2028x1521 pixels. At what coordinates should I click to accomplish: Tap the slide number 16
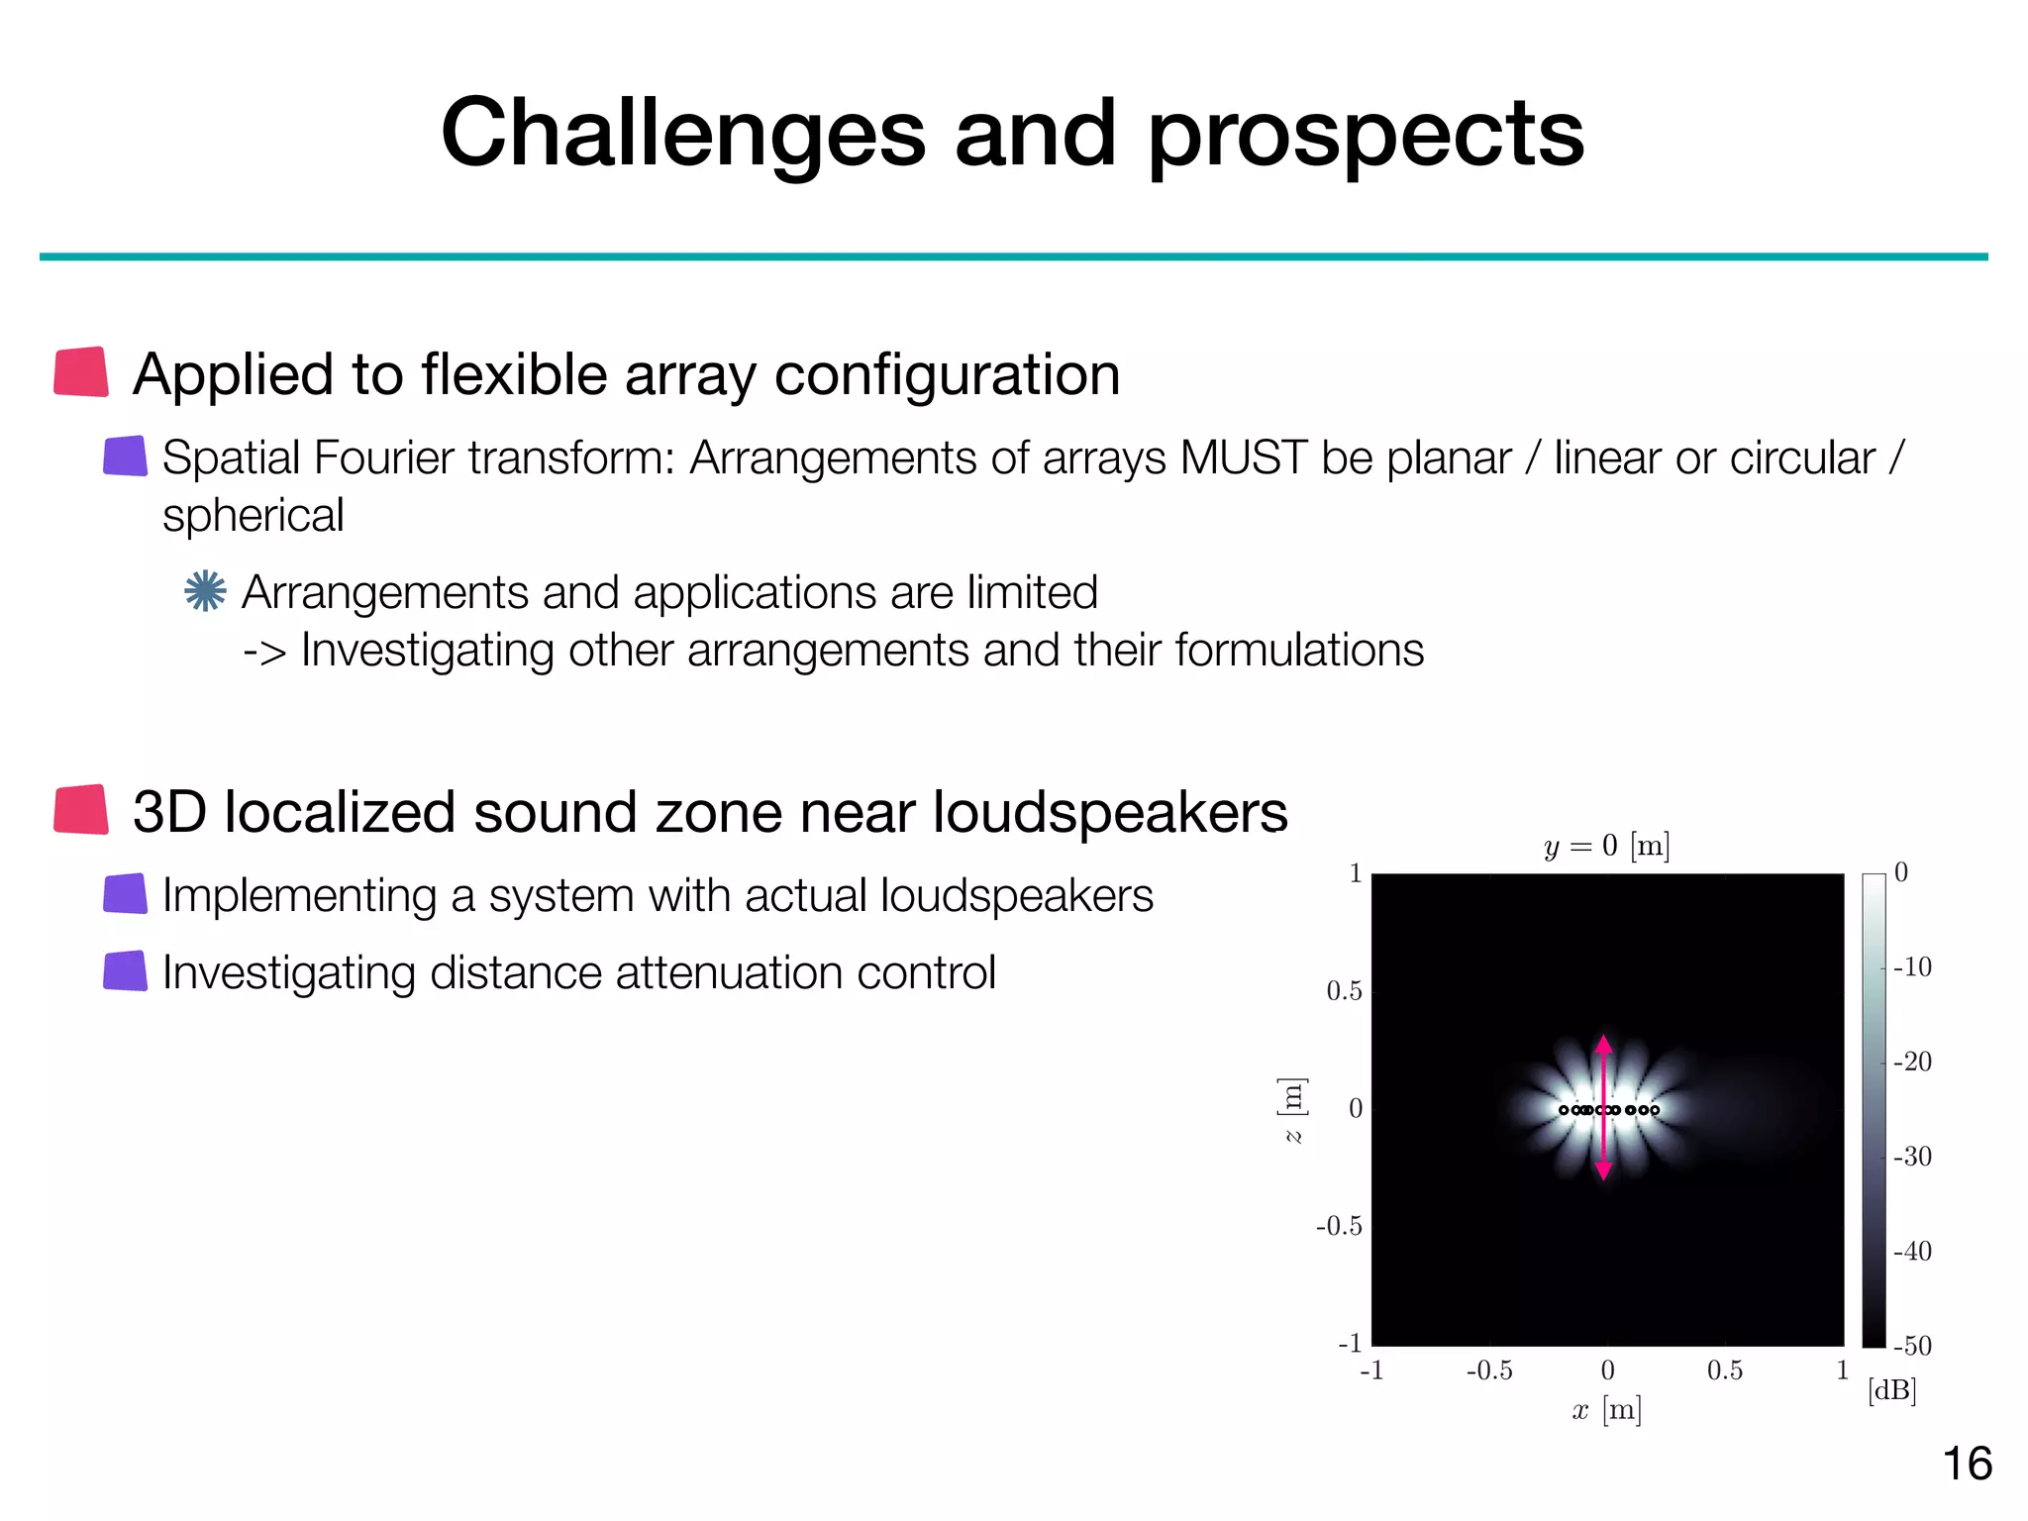(1967, 1464)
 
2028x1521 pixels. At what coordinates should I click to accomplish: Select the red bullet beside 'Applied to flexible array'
(81, 372)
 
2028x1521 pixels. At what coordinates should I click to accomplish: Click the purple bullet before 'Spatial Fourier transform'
(126, 456)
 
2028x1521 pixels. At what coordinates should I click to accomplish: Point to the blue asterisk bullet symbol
(205, 591)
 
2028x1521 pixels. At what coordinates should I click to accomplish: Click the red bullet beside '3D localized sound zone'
(81, 810)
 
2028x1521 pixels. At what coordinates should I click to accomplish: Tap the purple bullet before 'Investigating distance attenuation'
(126, 971)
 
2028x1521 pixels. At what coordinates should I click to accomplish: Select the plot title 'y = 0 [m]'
(1606, 846)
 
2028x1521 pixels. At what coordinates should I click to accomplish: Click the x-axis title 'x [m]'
(1606, 1409)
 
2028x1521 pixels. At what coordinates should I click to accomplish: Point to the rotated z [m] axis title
(1292, 1110)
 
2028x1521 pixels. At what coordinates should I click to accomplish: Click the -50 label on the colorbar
(1912, 1346)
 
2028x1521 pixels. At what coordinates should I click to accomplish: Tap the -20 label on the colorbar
(1912, 1062)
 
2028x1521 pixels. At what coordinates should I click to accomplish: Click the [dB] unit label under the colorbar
(1891, 1390)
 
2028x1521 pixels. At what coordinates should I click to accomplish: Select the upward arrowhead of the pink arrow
(1604, 1044)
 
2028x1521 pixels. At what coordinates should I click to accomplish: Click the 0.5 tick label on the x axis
(1724, 1370)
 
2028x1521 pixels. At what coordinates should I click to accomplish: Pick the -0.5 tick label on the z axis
(1339, 1226)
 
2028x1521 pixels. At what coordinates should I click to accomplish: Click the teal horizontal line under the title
(1013, 256)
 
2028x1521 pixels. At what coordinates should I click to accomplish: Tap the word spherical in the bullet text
(253, 516)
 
